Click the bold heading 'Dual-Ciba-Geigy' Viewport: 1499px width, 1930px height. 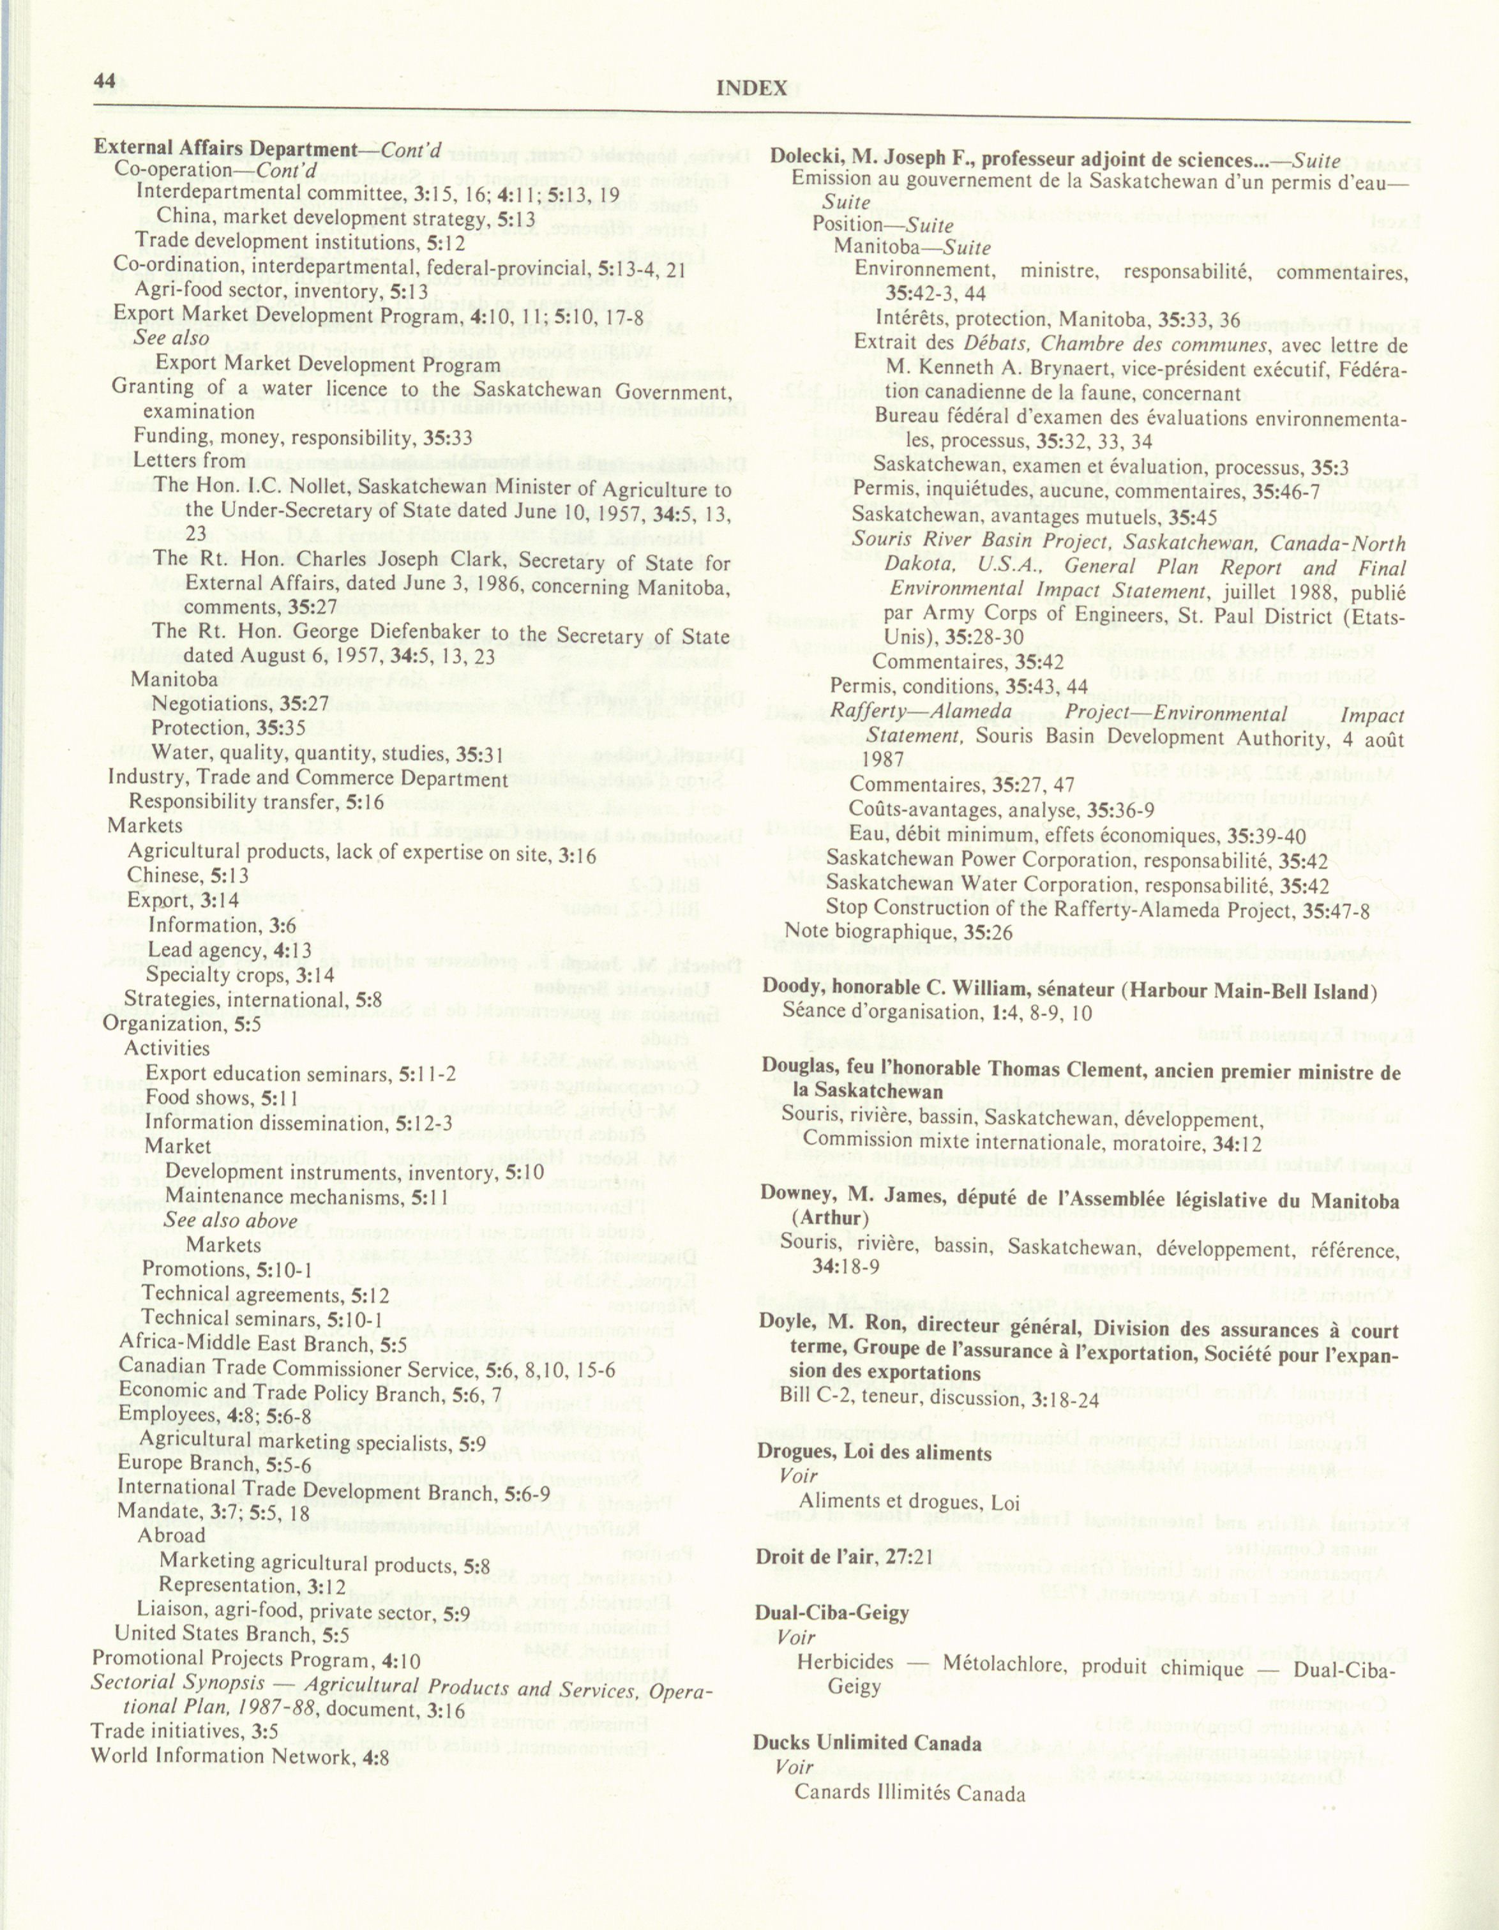[x=831, y=1613]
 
